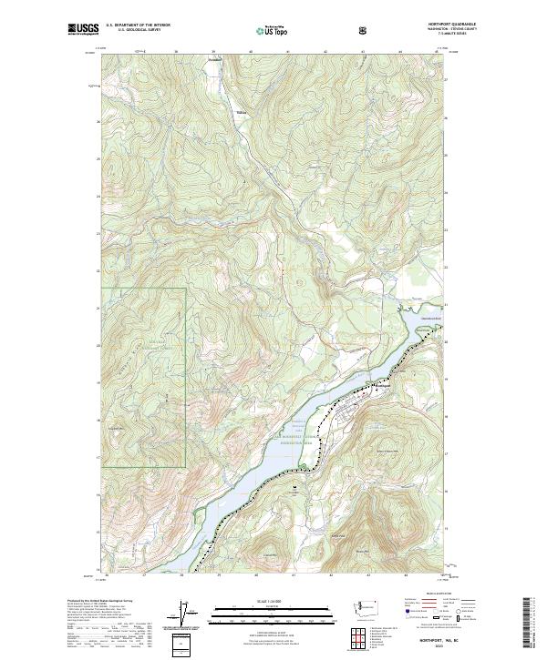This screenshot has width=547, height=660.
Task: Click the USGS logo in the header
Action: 84,30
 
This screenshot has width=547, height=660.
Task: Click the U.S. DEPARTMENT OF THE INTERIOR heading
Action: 138,25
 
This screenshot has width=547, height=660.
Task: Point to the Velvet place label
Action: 241,113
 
